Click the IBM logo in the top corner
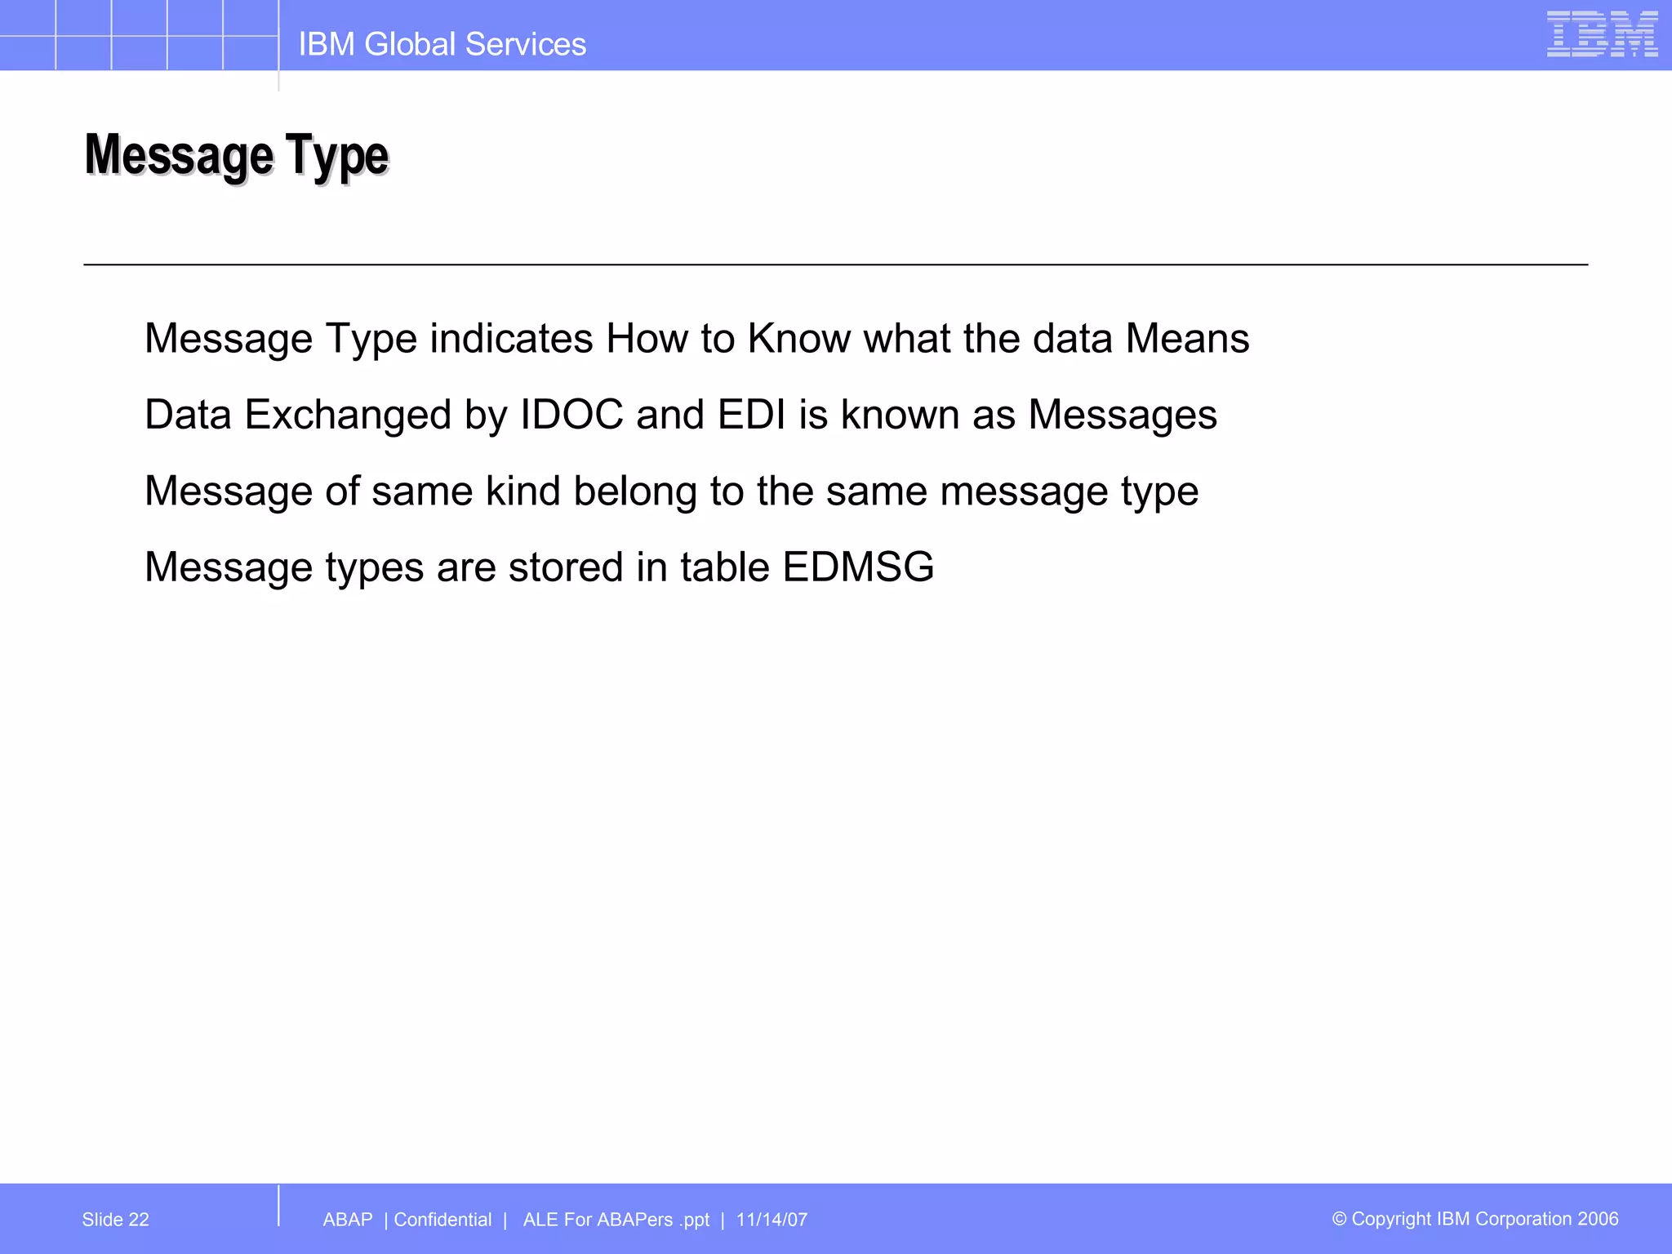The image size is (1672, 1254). pyautogui.click(x=1602, y=34)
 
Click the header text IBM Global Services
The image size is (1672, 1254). pyautogui.click(x=442, y=44)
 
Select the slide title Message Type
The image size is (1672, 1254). pyautogui.click(x=237, y=155)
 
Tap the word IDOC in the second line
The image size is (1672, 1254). pyautogui.click(x=571, y=415)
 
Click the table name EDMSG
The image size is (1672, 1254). pyautogui.click(x=858, y=567)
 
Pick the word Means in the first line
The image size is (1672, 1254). pyautogui.click(x=1187, y=339)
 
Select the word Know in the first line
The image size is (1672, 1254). pyautogui.click(x=798, y=339)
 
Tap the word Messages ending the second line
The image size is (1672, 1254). pyautogui.click(x=1123, y=415)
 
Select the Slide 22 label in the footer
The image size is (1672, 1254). pyautogui.click(x=116, y=1220)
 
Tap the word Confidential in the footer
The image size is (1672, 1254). pyautogui.click(x=442, y=1220)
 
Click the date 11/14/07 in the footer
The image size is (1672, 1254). pyautogui.click(x=772, y=1220)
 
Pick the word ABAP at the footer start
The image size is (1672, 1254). pyautogui.click(x=348, y=1220)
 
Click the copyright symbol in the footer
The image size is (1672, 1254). pyautogui.click(x=1340, y=1219)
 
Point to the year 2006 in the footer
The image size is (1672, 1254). pyautogui.click(x=1598, y=1219)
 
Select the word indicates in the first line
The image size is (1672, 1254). pyautogui.click(x=511, y=339)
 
